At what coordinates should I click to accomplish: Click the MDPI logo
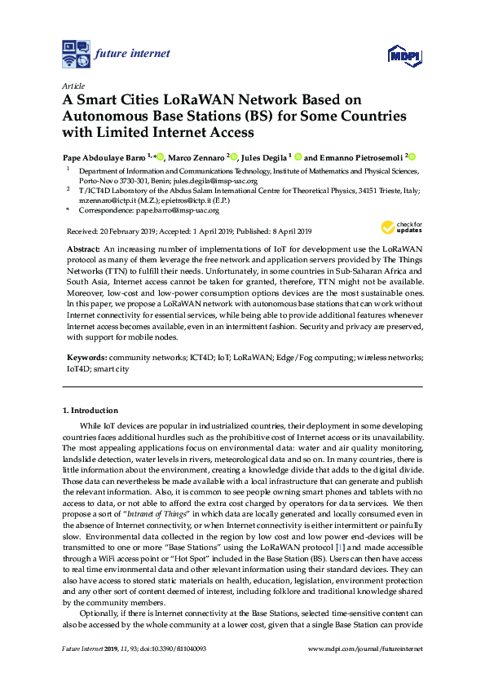pyautogui.click(x=404, y=55)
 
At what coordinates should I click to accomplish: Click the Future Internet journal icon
pyautogui.click(x=77, y=54)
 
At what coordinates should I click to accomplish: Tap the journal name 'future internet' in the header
pyautogui.click(x=133, y=54)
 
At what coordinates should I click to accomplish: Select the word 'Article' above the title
pyautogui.click(x=74, y=85)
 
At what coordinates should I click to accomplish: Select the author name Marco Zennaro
pyautogui.click(x=196, y=157)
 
